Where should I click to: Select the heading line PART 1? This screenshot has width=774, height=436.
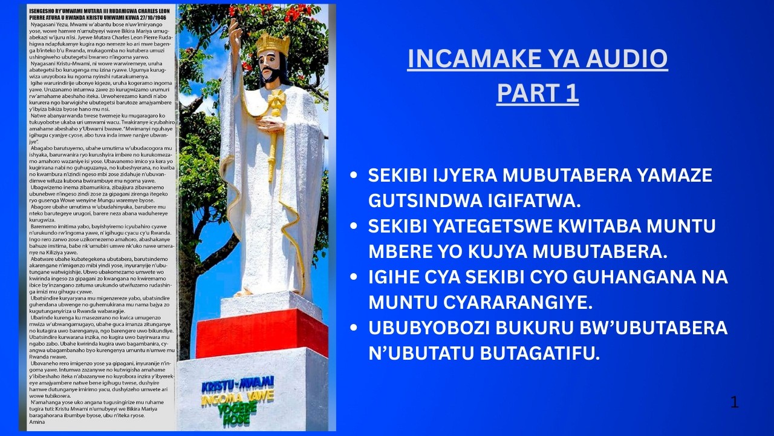tap(537, 93)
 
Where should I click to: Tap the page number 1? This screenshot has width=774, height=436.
tap(735, 402)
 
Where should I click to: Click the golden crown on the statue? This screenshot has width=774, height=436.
tap(273, 44)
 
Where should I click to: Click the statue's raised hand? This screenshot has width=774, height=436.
tap(235, 30)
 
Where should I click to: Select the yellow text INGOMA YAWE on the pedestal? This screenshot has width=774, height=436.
tap(237, 397)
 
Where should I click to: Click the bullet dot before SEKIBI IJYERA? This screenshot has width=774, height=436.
tap(354, 176)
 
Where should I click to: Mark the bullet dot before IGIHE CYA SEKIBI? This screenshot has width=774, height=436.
tap(354, 277)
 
